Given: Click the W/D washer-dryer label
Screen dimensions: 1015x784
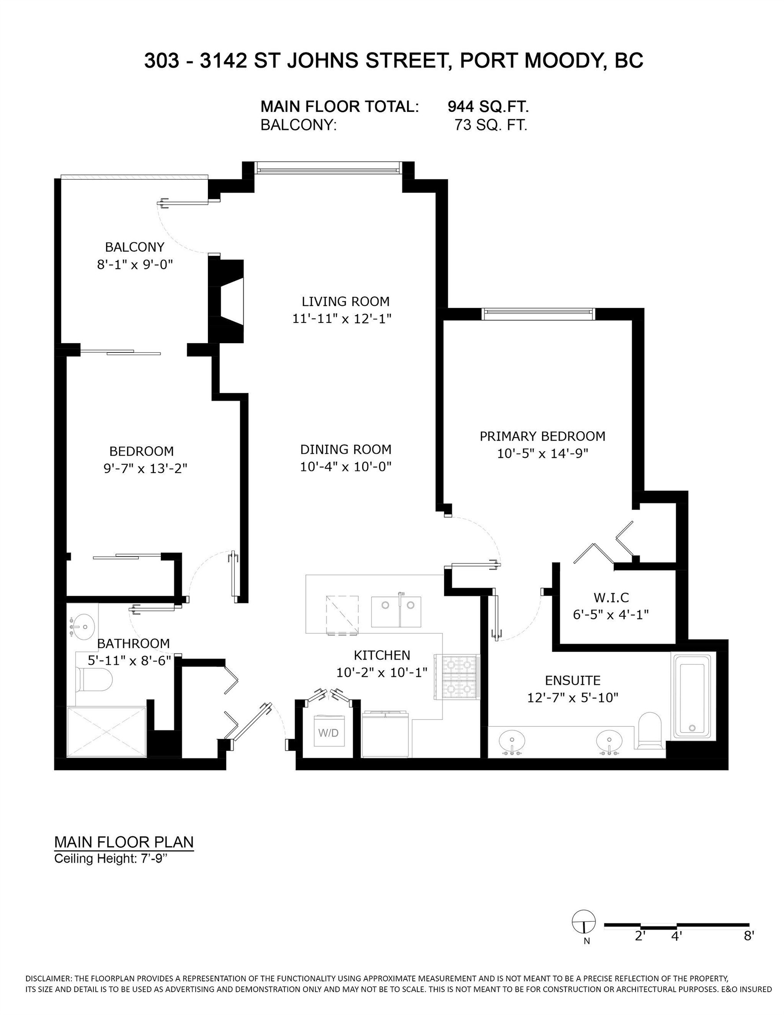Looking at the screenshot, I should (x=328, y=733).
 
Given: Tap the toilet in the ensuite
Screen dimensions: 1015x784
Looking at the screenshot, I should (x=649, y=730).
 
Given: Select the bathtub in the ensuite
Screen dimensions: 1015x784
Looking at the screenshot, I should (x=692, y=696).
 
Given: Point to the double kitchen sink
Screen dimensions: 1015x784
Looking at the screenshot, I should (x=396, y=611).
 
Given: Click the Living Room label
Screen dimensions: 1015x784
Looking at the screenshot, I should (x=345, y=302).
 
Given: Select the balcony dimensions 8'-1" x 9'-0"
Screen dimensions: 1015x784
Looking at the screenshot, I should (x=135, y=265).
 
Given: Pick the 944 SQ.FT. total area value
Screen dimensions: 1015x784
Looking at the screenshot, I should (x=488, y=107).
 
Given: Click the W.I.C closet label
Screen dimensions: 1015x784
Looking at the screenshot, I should (x=610, y=597).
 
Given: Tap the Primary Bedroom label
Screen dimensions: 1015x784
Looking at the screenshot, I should (x=542, y=437).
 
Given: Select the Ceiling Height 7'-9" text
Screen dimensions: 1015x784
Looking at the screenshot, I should (x=110, y=859).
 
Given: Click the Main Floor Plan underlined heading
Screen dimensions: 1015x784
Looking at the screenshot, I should (x=124, y=842).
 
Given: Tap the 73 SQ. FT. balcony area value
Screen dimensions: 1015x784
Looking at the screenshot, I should (x=491, y=126).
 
